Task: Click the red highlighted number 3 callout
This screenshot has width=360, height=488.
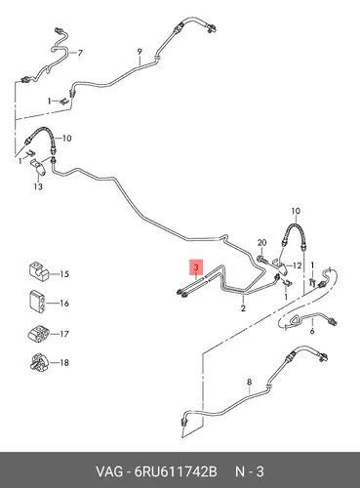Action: coord(196,267)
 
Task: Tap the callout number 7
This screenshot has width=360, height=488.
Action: coord(80,53)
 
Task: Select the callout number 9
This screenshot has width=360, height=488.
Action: coord(140,52)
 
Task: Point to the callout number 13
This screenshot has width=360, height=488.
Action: coord(38,186)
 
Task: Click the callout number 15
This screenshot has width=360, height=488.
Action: coord(64,274)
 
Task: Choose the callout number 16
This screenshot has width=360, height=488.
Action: coord(64,304)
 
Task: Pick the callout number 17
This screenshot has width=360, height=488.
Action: coord(64,334)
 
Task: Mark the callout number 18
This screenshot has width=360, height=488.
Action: coord(64,362)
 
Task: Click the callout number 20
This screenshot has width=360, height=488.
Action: coord(261,243)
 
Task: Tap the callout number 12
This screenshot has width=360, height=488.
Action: coord(298,265)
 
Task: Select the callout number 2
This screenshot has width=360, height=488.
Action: coord(243,307)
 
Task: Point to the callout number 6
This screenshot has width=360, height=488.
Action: coord(312,332)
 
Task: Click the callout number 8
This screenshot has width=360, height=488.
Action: coord(250,382)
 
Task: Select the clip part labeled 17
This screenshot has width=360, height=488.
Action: coord(38,333)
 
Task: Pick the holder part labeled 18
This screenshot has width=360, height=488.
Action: coord(38,361)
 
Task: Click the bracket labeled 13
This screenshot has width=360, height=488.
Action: coord(38,167)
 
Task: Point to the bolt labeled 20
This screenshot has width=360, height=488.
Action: coord(262,260)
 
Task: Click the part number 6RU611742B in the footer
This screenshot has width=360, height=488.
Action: coord(176,471)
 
